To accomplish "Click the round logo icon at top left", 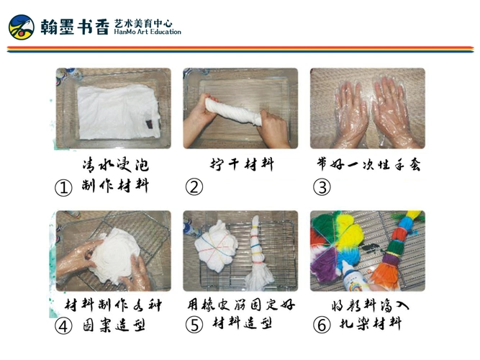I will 22,27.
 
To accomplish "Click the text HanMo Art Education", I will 148,32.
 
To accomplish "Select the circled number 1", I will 63,189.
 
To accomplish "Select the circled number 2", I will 194,188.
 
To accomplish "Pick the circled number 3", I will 322,188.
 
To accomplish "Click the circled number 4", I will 63,326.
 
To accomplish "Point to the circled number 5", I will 194,325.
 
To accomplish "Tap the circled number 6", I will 322,325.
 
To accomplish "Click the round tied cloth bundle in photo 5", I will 216,245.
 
